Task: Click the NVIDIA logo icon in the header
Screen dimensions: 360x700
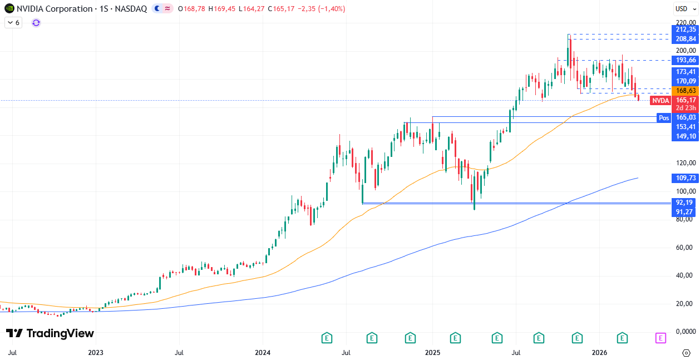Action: pyautogui.click(x=9, y=8)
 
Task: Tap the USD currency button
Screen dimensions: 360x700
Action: pyautogui.click(x=682, y=8)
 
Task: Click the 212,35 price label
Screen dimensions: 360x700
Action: pyautogui.click(x=685, y=29)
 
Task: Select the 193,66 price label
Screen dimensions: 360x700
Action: pyautogui.click(x=685, y=60)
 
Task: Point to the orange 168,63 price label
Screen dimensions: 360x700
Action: pyautogui.click(x=685, y=90)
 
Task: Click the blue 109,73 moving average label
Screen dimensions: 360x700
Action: pyautogui.click(x=685, y=178)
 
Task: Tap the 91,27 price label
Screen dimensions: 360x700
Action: pyautogui.click(x=685, y=212)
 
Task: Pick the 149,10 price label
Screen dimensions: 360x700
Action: pyautogui.click(x=685, y=136)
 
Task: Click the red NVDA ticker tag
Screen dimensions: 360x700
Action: pyautogui.click(x=660, y=101)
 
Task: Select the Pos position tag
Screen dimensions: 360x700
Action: pyautogui.click(x=663, y=117)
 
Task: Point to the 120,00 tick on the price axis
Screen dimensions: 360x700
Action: pyautogui.click(x=685, y=163)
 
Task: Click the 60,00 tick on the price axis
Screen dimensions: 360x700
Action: pyautogui.click(x=685, y=248)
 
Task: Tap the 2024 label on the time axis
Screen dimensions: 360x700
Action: pyautogui.click(x=263, y=353)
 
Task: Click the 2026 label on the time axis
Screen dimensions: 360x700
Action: pyautogui.click(x=599, y=353)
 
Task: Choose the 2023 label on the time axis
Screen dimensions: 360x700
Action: pyautogui.click(x=96, y=353)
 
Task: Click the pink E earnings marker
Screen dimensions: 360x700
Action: pyautogui.click(x=660, y=338)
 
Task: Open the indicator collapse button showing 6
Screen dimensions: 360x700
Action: pyautogui.click(x=13, y=23)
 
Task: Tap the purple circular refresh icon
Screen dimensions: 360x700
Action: pyautogui.click(x=36, y=23)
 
